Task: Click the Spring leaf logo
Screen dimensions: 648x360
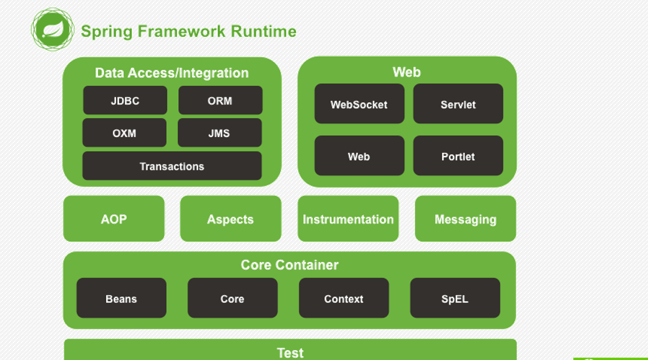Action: (x=53, y=29)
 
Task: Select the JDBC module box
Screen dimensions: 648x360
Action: (x=125, y=100)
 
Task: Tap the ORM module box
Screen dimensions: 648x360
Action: (x=220, y=100)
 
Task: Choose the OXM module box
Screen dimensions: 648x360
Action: (x=124, y=133)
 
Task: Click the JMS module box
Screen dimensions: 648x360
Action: (x=220, y=133)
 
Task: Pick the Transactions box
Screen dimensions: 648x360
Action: (x=172, y=166)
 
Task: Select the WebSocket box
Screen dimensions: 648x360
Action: (x=359, y=104)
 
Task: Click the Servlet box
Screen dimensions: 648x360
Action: (x=458, y=104)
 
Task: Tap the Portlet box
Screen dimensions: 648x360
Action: (x=458, y=156)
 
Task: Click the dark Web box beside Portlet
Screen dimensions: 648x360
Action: (x=359, y=156)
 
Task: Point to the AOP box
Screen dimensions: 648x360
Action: (x=114, y=219)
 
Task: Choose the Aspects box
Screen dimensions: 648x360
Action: (x=231, y=219)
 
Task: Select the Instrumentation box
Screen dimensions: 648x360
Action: (x=348, y=219)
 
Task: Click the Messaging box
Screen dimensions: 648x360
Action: (x=465, y=219)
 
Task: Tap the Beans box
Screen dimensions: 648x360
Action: (x=121, y=298)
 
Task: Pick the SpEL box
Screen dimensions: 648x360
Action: (x=455, y=298)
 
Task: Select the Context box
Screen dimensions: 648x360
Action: (x=344, y=298)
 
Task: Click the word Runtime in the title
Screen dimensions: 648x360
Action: (x=263, y=32)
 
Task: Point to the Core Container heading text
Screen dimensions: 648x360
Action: (x=290, y=265)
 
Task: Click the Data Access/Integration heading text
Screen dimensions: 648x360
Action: (x=172, y=73)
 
